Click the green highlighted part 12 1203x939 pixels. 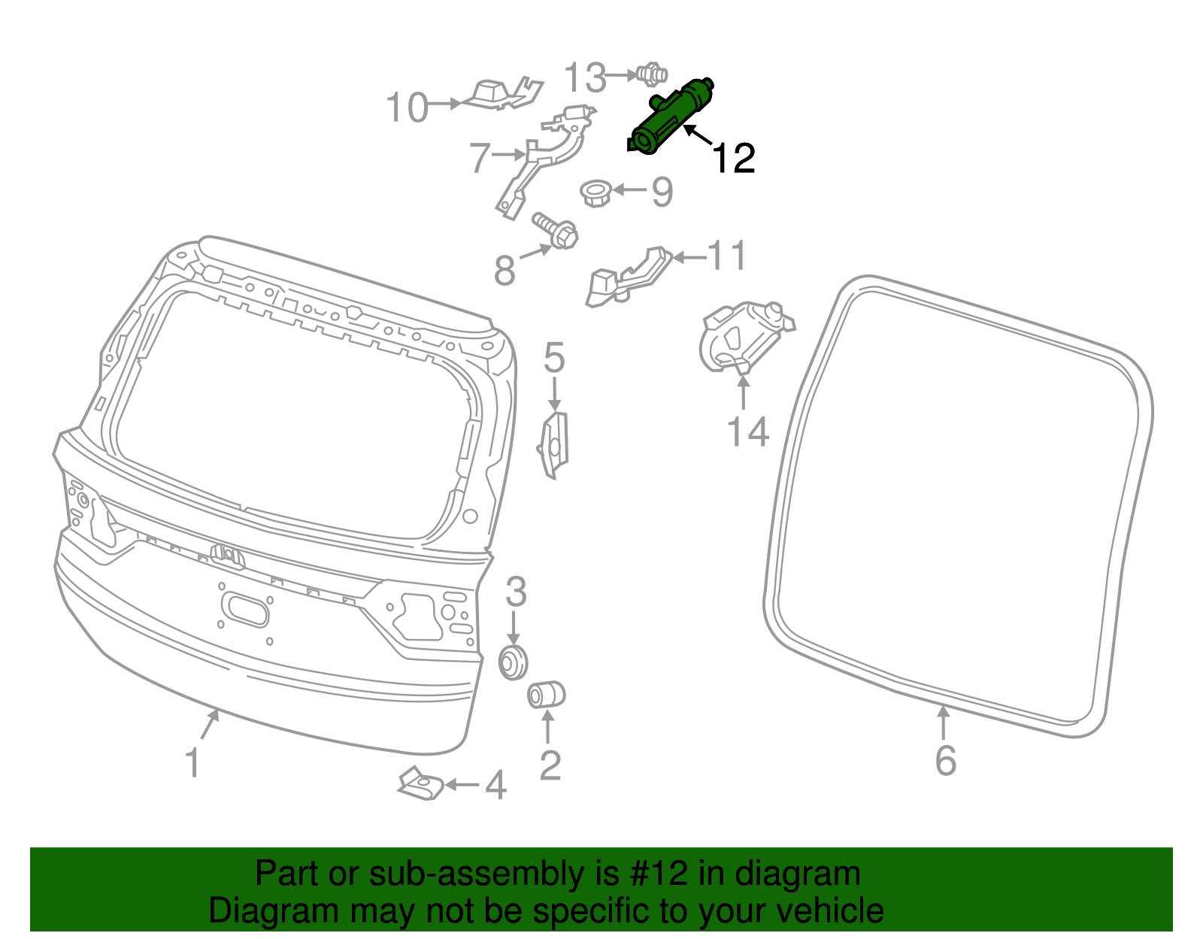pos(671,119)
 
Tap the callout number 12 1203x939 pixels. pos(732,159)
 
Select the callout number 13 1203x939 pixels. pos(585,77)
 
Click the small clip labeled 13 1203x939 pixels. pos(651,74)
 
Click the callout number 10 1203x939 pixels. pos(407,108)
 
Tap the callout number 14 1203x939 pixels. pos(747,432)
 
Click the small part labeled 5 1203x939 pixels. pos(555,445)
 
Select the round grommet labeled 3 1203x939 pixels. pos(514,662)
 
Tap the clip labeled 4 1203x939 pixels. pos(420,784)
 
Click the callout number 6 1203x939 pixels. pos(945,760)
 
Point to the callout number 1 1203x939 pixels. pos(193,762)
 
